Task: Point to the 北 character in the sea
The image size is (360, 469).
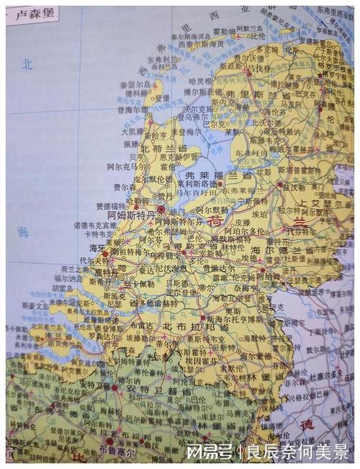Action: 27,64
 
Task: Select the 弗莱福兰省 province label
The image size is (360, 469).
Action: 219,175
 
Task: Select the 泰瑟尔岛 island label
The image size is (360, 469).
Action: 135,84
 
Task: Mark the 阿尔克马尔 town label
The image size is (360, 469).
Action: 124,165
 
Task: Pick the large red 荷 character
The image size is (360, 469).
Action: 215,222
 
